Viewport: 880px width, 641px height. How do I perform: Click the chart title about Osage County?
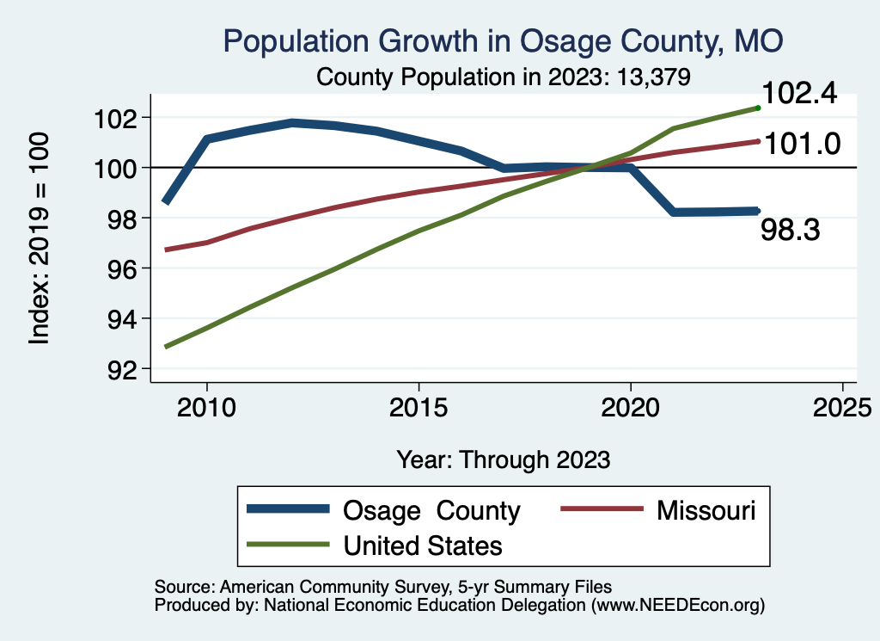click(x=503, y=40)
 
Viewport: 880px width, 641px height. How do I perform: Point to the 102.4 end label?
click(x=799, y=94)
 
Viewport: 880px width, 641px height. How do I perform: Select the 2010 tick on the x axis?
click(x=207, y=408)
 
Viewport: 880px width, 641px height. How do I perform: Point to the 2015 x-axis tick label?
click(x=419, y=408)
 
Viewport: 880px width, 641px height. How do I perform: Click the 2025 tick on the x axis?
click(x=842, y=408)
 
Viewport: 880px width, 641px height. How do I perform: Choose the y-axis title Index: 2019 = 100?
click(x=40, y=239)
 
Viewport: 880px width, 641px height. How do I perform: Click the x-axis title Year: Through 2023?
click(x=504, y=459)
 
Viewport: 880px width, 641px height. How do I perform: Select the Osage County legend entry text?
click(x=431, y=510)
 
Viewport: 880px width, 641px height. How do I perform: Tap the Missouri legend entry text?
click(x=706, y=510)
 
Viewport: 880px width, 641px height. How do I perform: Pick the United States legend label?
click(x=423, y=545)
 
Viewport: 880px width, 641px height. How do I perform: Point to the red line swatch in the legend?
click(x=602, y=510)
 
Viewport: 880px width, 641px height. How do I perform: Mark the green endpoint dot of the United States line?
click(x=758, y=108)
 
